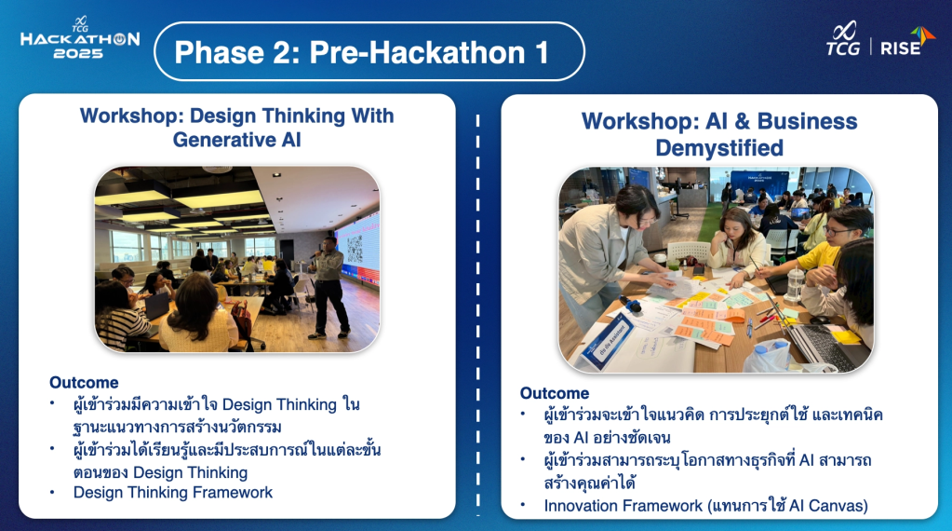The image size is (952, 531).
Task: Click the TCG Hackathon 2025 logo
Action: [x=79, y=37]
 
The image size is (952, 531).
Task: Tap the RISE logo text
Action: [x=901, y=48]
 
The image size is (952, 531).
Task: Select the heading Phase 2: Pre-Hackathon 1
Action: [x=362, y=52]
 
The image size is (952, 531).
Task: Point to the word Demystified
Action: [x=719, y=147]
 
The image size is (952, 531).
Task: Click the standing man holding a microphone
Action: [x=329, y=287]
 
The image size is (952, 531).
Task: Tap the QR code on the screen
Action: [x=355, y=248]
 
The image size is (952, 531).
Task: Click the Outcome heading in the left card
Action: [x=84, y=383]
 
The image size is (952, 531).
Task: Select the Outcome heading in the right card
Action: [x=555, y=393]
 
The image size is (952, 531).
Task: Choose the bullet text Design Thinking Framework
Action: [x=173, y=493]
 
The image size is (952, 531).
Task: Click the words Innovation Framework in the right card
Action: [x=623, y=506]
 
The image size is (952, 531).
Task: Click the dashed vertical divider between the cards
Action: [x=477, y=315]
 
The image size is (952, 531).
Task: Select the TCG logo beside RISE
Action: [x=843, y=39]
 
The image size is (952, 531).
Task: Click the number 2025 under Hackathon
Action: [x=78, y=53]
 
